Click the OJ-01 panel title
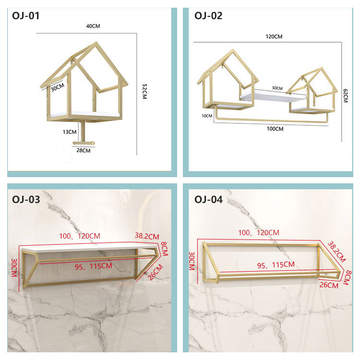26,16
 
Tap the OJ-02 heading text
208,16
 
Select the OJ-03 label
26,200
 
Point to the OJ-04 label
208,200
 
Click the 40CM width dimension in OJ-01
93,26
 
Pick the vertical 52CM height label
144,91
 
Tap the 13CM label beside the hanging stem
70,132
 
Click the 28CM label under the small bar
84,150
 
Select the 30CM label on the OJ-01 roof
58,87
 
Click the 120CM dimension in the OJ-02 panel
274,37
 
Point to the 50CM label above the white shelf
277,88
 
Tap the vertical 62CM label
346,96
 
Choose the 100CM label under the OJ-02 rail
275,129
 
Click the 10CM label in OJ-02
207,116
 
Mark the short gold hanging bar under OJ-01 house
84,143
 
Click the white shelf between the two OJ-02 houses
273,96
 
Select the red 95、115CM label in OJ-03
94,266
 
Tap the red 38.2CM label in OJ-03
147,236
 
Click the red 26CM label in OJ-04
329,285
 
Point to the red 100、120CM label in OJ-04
259,233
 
